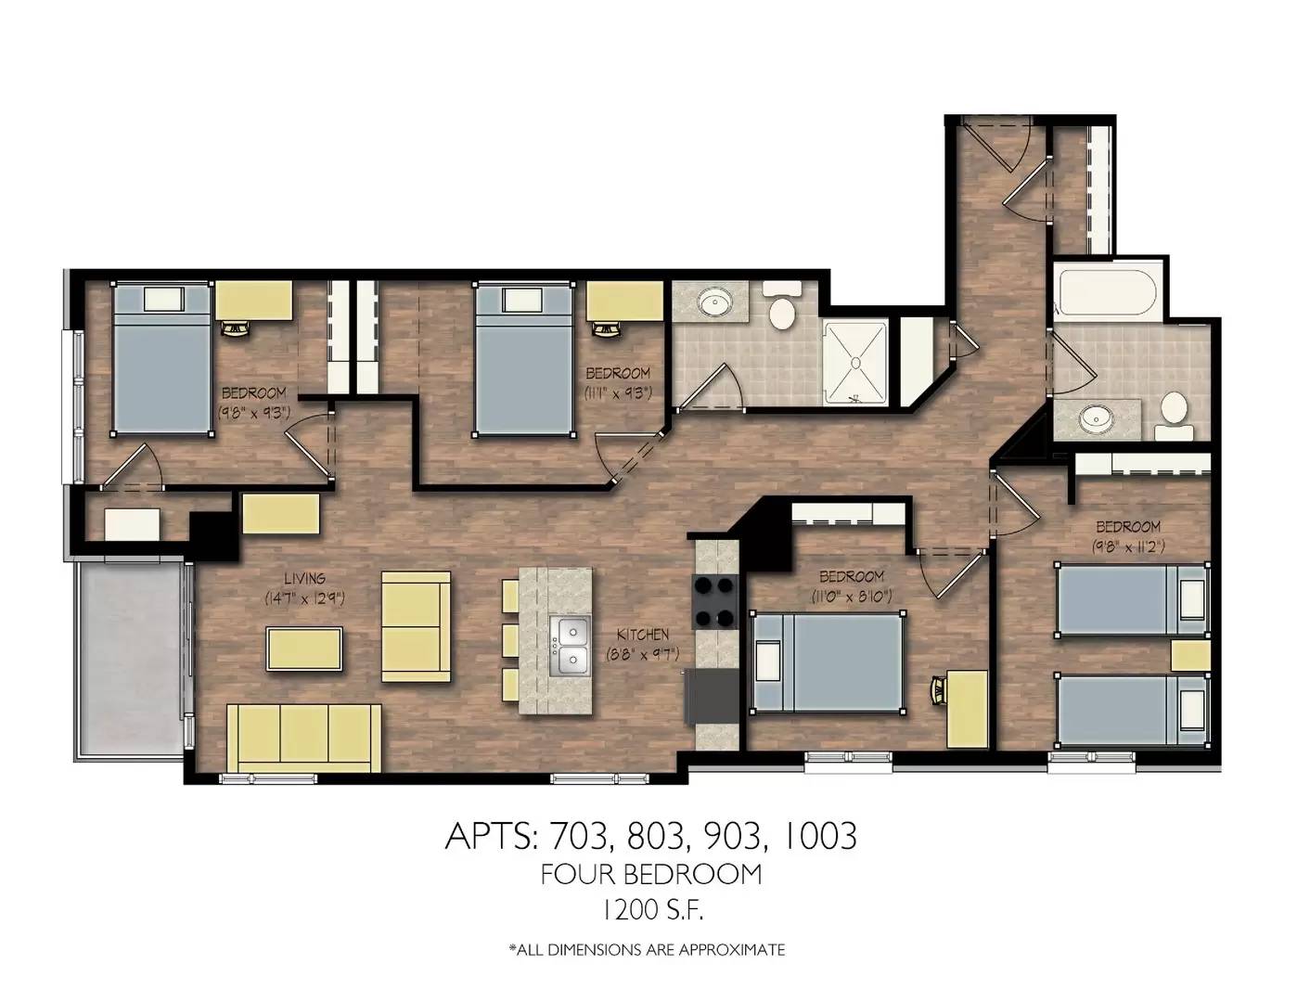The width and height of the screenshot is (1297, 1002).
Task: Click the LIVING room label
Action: pos(304,578)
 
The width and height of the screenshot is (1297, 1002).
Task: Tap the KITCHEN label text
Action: pos(642,634)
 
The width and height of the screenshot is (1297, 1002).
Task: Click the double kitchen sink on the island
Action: pos(570,647)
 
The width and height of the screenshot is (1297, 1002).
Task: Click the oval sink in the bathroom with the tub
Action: pos(1096,419)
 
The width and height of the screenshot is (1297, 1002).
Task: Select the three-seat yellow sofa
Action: pos(303,739)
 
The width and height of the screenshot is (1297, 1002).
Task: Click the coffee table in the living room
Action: pos(304,649)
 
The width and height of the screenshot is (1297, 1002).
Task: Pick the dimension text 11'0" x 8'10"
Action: pos(852,596)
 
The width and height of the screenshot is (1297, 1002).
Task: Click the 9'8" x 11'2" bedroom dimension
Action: pos(1128,546)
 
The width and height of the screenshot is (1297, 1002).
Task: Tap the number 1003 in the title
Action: pos(818,836)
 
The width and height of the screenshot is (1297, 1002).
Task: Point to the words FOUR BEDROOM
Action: pos(651,874)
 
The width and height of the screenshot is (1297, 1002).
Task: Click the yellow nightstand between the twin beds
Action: pos(1190,655)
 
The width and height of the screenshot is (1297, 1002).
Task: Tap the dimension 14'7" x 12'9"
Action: pos(304,598)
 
